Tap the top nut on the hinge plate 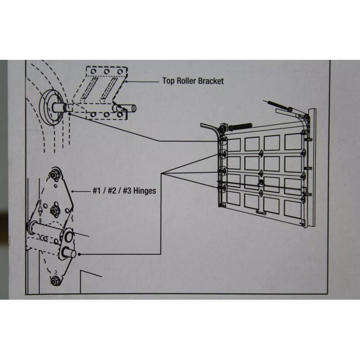point(56,174)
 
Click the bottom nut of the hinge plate point(55,281)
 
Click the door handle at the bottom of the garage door point(261,211)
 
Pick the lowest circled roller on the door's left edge point(222,187)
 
